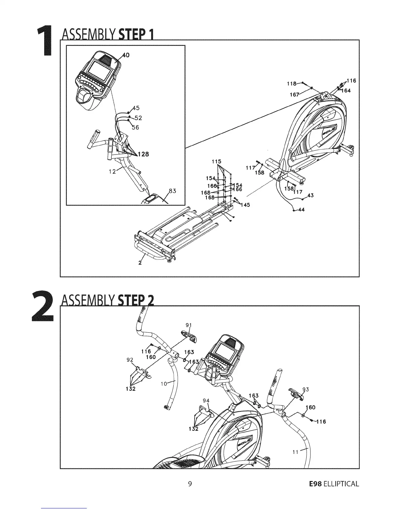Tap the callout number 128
tap(143, 154)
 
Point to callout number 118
tap(292, 84)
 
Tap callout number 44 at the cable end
tap(301, 210)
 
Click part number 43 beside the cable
tap(310, 195)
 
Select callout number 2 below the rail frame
tap(140, 263)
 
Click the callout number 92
tap(130, 360)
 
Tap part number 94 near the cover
tap(206, 401)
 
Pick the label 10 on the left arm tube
tap(164, 384)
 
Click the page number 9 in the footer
tap(190, 484)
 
